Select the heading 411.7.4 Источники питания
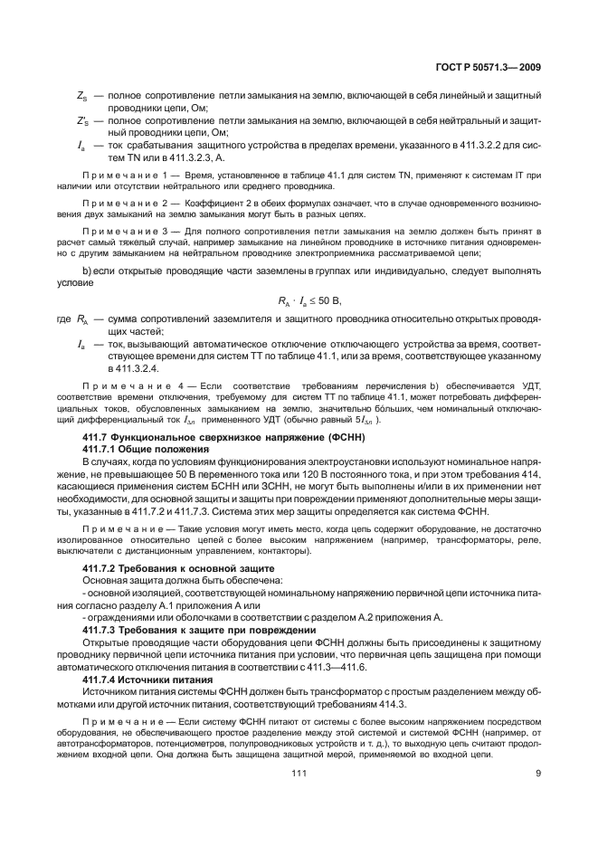[147, 678]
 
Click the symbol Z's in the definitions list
[82, 120]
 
